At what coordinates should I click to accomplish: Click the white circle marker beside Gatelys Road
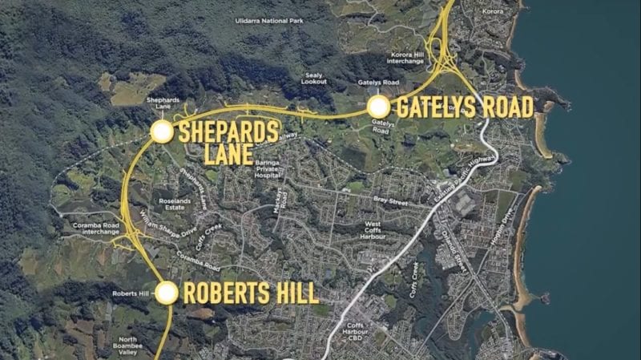[x=378, y=107]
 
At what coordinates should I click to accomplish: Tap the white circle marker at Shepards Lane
[x=162, y=132]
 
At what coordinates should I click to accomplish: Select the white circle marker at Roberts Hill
[x=167, y=293]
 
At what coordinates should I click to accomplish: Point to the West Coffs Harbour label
[x=373, y=232]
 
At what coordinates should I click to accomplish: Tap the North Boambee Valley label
[x=128, y=346]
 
